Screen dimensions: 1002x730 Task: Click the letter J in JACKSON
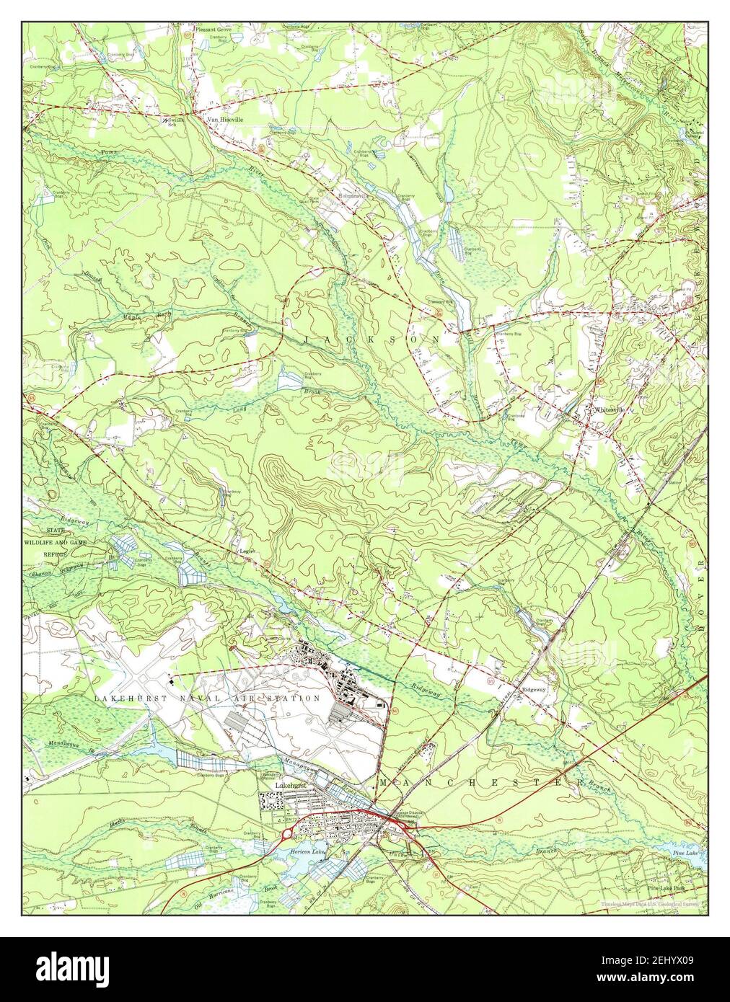pyautogui.click(x=307, y=338)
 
